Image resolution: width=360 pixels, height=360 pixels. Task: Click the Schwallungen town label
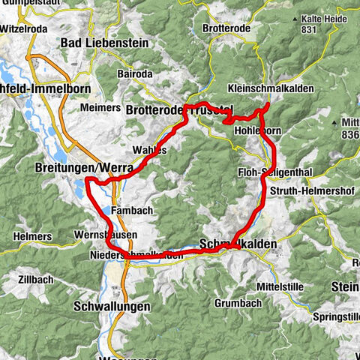click(112, 307)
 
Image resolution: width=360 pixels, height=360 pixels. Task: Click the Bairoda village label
click(136, 74)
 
